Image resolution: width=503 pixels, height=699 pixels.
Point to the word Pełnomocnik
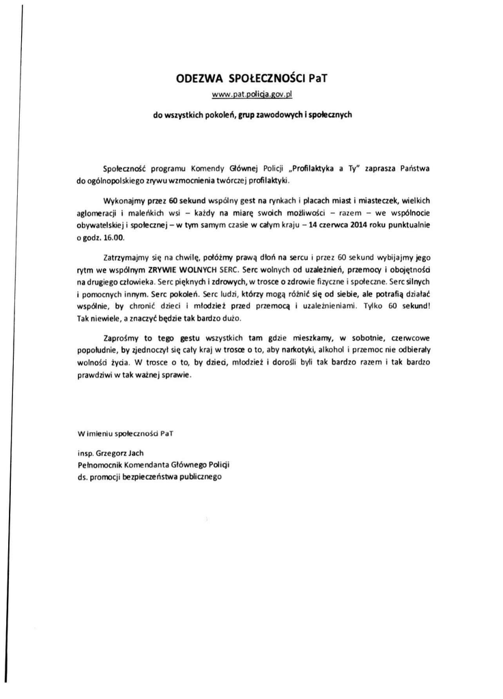click(x=102, y=463)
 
